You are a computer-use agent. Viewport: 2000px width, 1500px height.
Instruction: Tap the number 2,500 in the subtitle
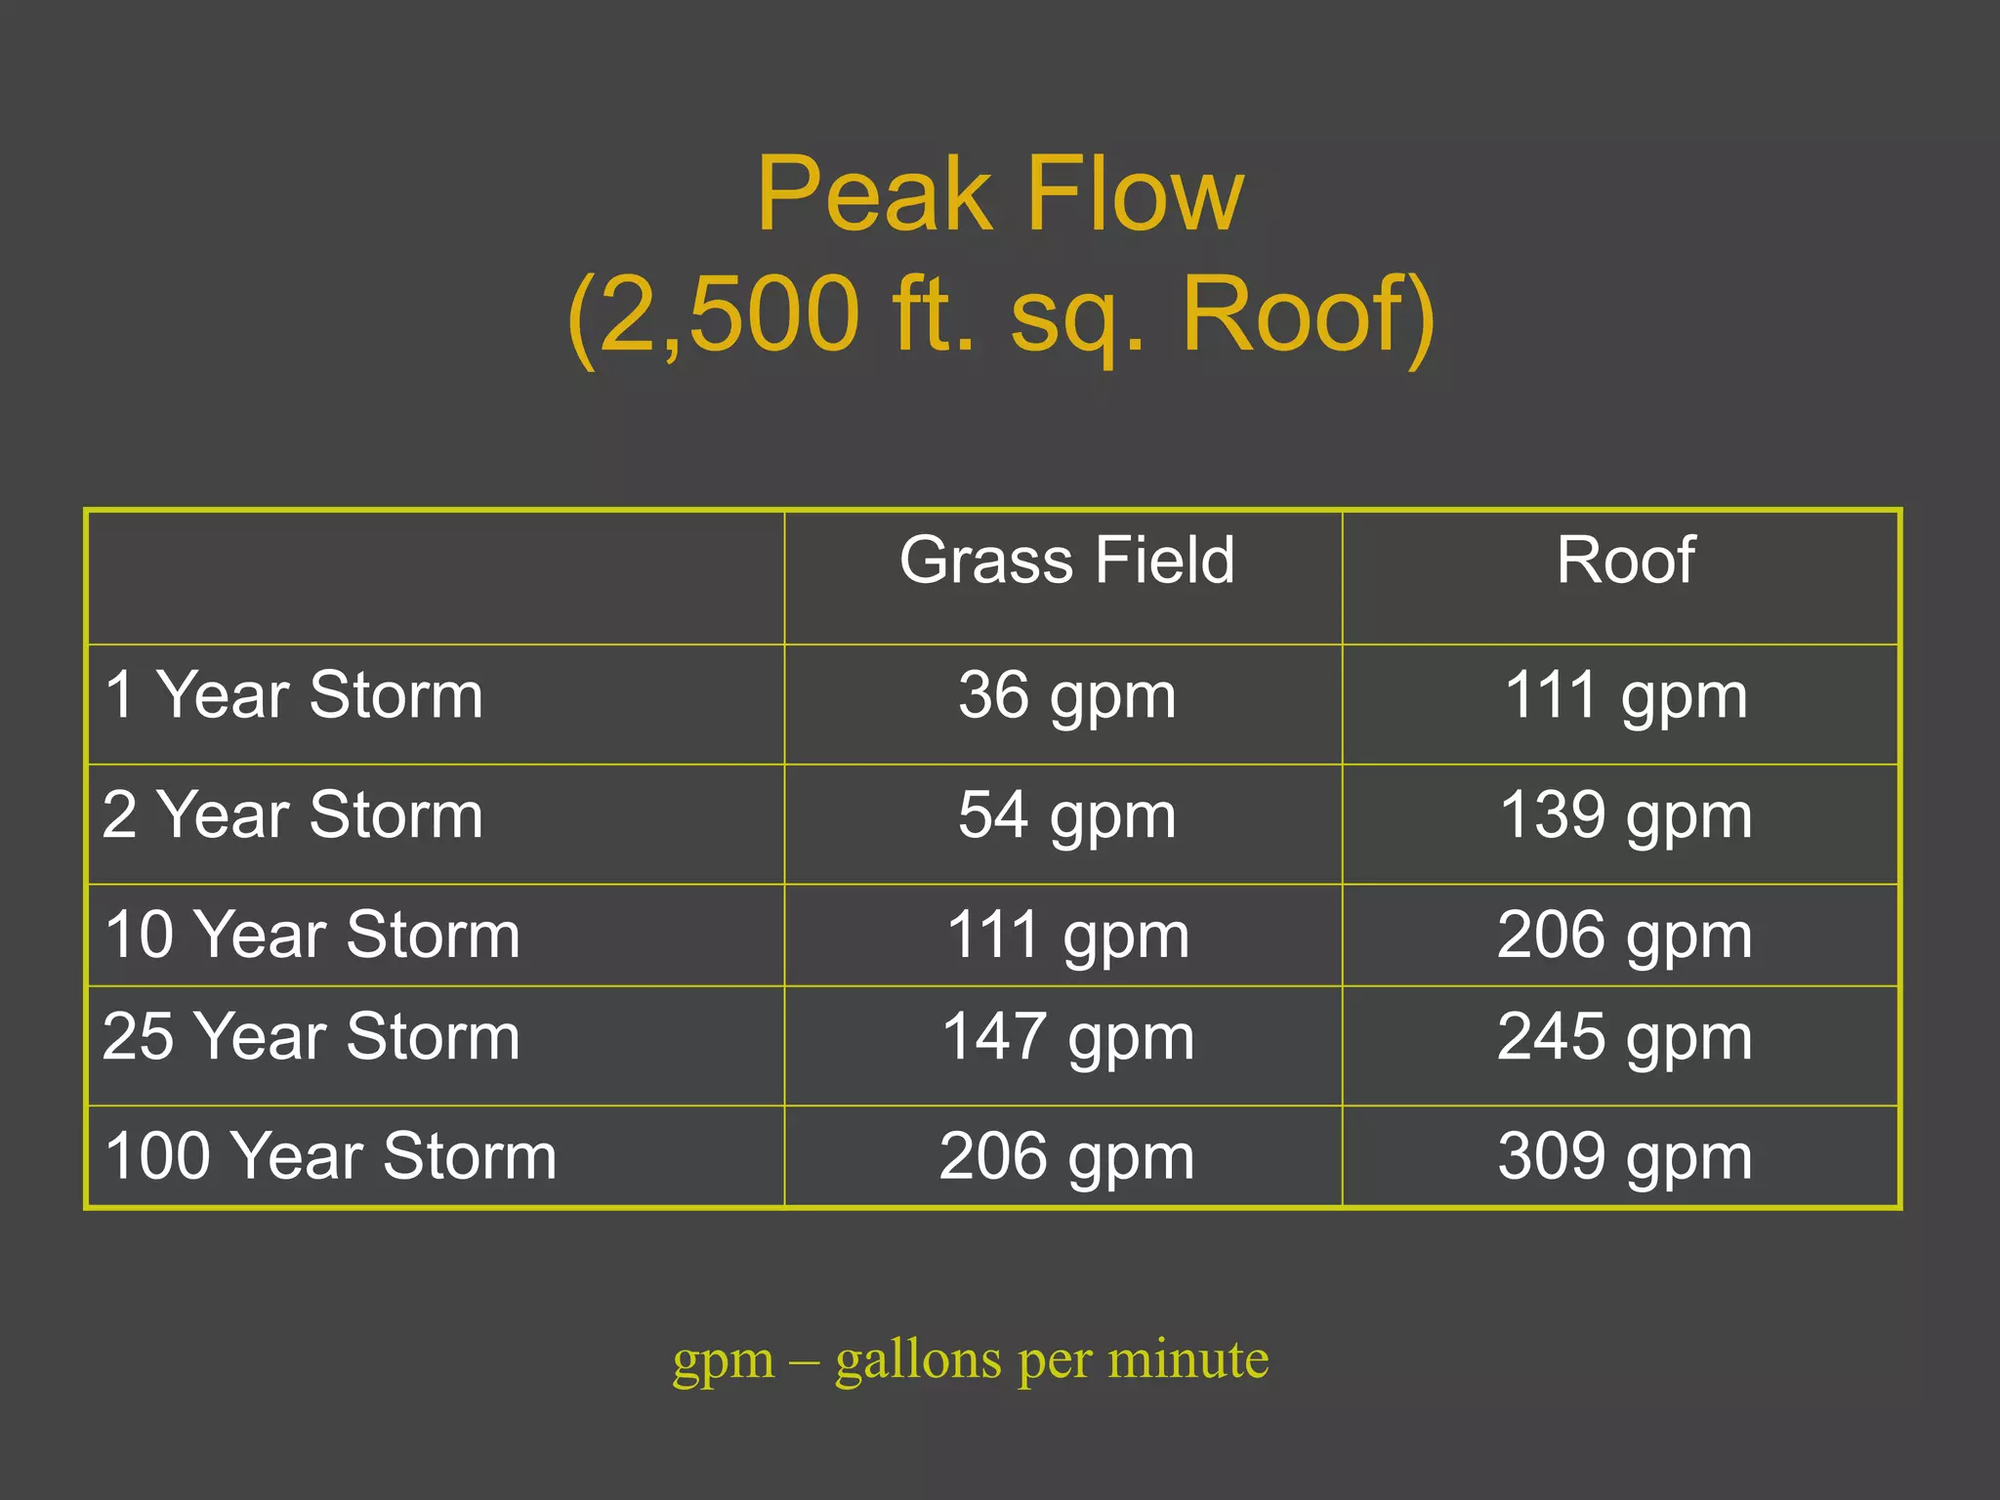tap(729, 314)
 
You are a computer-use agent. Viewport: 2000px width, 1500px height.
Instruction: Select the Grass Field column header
tap(1066, 561)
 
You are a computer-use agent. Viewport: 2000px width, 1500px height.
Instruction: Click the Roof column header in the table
tap(1625, 561)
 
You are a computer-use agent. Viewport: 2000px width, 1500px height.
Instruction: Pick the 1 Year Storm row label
tap(293, 695)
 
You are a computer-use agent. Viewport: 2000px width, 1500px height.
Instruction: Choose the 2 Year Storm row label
tap(293, 814)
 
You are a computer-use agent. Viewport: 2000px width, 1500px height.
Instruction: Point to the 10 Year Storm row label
tap(312, 935)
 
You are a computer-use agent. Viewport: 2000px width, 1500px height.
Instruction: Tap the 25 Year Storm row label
tap(311, 1036)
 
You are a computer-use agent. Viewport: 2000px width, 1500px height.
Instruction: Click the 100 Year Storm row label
tap(330, 1156)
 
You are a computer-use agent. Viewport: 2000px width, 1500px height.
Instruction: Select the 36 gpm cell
tap(1066, 696)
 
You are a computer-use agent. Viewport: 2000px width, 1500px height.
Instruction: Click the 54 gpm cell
tap(1066, 815)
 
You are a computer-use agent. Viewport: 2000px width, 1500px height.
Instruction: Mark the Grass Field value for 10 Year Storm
tap(1067, 936)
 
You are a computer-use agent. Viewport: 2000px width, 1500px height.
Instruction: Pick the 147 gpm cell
tap(1067, 1037)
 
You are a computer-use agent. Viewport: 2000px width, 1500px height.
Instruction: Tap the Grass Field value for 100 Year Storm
tap(1066, 1157)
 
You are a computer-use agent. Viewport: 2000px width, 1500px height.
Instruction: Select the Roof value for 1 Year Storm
tap(1625, 696)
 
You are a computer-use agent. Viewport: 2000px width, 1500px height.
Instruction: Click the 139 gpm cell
tap(1625, 815)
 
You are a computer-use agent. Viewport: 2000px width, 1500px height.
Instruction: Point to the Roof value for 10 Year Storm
tap(1625, 936)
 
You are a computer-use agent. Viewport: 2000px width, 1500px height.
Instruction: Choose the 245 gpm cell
tap(1625, 1037)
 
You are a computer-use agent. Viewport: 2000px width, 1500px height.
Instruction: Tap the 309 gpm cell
tap(1625, 1157)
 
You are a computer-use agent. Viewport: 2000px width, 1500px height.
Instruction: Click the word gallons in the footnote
tap(918, 1359)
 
